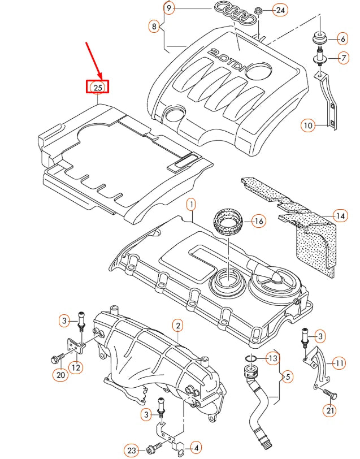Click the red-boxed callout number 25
97,87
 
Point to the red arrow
93,59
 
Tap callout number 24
280,10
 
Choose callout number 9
169,8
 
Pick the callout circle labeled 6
342,39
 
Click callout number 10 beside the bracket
307,125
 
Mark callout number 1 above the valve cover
191,203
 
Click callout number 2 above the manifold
178,325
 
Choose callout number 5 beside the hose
288,375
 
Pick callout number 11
339,363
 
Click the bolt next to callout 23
153,449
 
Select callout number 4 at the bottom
196,448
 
